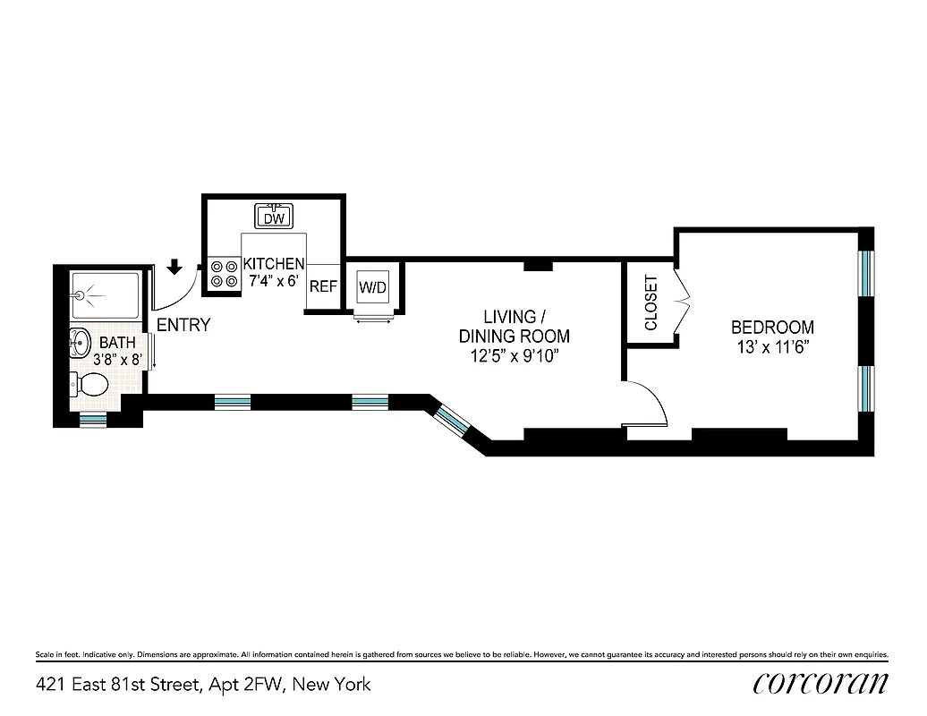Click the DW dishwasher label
coord(275,217)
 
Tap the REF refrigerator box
coord(322,287)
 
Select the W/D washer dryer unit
coord(372,288)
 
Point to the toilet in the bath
coord(90,386)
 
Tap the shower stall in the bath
coord(105,295)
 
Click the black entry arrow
coord(175,266)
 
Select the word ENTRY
coord(183,325)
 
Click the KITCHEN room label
coord(274,264)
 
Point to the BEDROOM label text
coord(772,328)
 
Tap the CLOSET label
coord(651,303)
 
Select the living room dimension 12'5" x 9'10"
coord(514,356)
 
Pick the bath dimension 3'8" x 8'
coord(106,360)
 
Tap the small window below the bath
coord(93,418)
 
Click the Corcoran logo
coord(821,685)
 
